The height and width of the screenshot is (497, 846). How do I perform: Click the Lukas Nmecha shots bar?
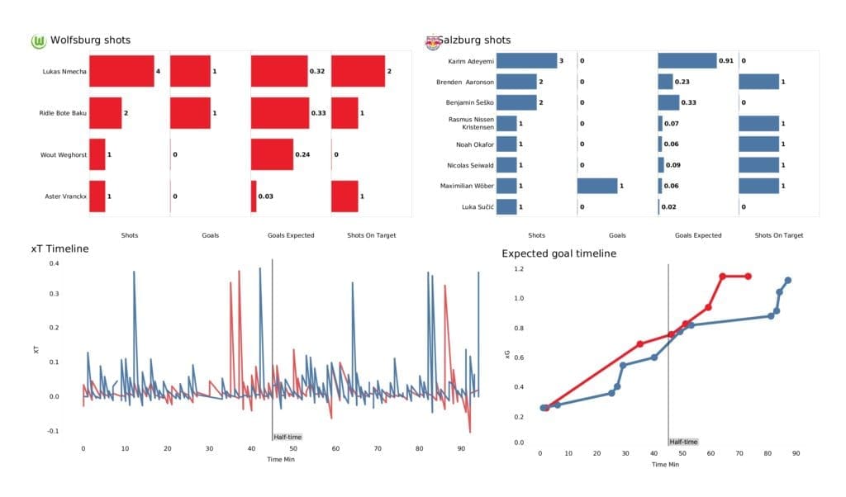coord(121,72)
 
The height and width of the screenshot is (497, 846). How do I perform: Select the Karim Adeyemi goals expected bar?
coord(687,60)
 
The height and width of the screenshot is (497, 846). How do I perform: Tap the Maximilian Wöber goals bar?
coord(597,186)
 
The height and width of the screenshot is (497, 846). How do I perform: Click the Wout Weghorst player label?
coord(64,155)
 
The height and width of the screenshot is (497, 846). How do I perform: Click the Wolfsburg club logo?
coord(38,40)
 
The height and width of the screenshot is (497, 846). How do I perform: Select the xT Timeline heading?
coord(57,248)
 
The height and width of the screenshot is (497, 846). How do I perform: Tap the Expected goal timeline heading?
coord(558,253)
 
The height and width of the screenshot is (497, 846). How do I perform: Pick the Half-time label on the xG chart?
coord(682,442)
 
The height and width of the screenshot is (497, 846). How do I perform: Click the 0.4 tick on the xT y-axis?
coord(54,263)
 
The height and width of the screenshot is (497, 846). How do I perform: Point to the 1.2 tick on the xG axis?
coord(518,269)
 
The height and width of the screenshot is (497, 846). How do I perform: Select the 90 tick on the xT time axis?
coord(462,448)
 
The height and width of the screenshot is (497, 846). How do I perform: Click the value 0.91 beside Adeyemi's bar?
coord(725,60)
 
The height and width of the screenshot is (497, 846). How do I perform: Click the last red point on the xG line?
coord(749,276)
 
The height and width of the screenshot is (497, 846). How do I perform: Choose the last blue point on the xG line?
coord(787,280)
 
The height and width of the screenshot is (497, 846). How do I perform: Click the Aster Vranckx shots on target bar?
coord(345,196)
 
